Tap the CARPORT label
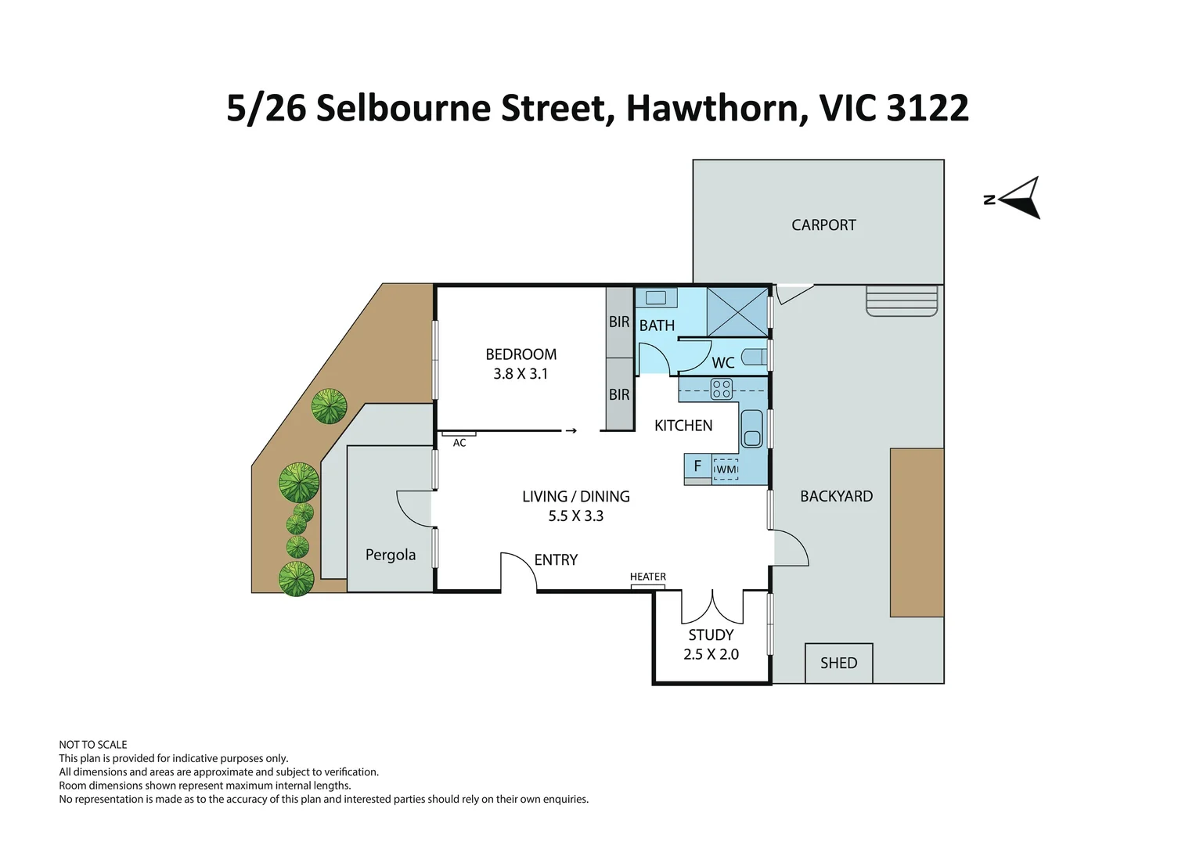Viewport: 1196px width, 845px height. tap(823, 225)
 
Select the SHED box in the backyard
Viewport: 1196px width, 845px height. tap(838, 663)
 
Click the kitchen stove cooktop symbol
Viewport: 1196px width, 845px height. tap(721, 389)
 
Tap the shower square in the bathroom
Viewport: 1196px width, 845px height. tap(737, 311)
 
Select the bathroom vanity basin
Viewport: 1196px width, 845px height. tap(656, 297)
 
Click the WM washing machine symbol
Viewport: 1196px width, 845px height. tap(726, 469)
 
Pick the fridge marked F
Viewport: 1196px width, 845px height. tap(697, 467)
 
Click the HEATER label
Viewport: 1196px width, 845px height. tap(647, 577)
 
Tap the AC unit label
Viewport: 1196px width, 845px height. tap(459, 443)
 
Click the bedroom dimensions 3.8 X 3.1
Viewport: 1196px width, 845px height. tap(521, 374)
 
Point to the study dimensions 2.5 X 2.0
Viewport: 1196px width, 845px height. tap(711, 654)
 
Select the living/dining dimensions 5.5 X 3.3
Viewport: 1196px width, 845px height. tap(575, 516)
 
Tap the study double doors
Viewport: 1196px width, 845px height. tap(711, 606)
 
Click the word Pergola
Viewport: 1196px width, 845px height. tap(390, 555)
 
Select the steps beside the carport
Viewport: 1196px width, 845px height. tap(902, 300)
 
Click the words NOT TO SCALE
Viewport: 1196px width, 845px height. tap(92, 745)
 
